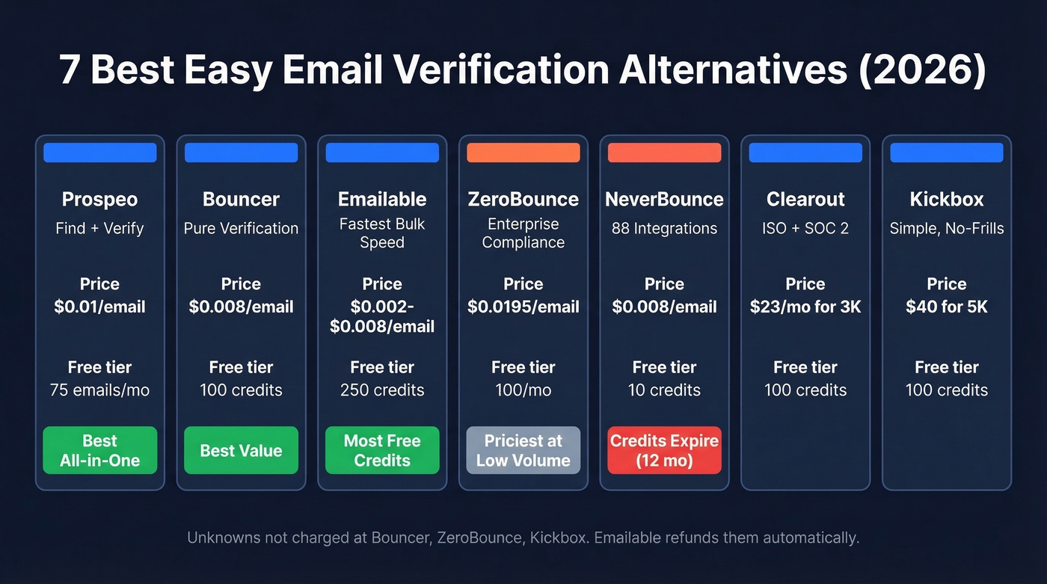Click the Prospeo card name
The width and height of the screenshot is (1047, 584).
99,200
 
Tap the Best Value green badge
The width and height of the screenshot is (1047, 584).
241,451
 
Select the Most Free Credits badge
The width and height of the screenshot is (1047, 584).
382,451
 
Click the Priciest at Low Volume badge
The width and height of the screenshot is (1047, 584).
523,451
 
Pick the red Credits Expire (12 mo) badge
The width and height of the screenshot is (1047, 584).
664,451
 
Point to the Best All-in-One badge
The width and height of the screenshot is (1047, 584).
99,451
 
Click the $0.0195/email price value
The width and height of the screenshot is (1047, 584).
523,307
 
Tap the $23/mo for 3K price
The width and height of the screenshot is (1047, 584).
805,307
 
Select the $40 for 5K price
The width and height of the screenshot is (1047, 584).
947,307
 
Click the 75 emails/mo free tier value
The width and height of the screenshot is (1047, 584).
99,390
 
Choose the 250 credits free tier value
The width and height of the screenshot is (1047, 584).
382,390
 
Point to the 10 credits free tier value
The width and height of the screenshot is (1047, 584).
664,390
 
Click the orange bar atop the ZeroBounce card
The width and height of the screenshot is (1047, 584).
523,153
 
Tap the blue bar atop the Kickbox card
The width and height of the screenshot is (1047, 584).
947,153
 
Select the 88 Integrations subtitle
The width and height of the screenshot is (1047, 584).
664,229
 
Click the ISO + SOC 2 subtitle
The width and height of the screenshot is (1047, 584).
805,229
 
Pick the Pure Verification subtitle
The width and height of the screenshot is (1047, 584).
241,229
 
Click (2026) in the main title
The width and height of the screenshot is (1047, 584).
918,70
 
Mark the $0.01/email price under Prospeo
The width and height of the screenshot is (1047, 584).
99,307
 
